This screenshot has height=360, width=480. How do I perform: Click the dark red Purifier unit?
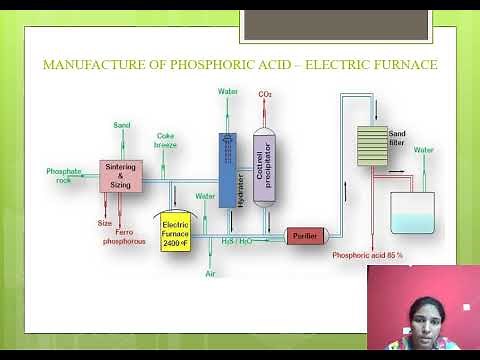[301, 236]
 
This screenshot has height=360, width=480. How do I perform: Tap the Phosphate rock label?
[63, 175]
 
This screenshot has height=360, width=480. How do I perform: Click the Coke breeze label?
[166, 140]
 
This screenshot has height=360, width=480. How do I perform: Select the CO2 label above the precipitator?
[265, 94]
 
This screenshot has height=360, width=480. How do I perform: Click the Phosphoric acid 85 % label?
[368, 256]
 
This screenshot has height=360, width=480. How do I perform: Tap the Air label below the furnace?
[210, 273]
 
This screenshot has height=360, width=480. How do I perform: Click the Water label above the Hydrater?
[228, 91]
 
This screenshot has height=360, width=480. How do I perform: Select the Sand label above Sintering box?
[121, 125]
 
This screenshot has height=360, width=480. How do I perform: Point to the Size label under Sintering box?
[105, 223]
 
